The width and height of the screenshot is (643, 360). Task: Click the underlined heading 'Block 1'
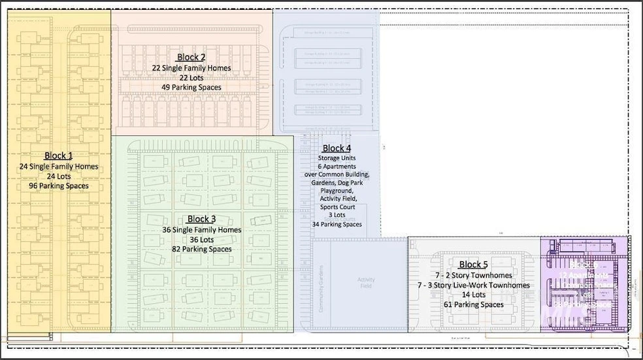58,155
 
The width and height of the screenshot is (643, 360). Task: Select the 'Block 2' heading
191,57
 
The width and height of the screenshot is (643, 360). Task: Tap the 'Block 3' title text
201,219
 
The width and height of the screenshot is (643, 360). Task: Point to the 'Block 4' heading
337,148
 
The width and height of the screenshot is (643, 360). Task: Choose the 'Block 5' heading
473,264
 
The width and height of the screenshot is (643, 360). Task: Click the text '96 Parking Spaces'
58,186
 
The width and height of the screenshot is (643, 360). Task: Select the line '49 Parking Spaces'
191,88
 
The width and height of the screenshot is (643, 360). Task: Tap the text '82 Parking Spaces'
201,249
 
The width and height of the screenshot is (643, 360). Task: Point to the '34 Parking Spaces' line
337,224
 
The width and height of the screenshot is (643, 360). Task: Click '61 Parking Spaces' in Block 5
473,304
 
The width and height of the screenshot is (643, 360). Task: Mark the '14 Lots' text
473,295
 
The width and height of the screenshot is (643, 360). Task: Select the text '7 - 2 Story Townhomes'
473,274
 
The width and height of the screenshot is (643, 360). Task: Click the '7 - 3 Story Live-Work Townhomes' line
473,285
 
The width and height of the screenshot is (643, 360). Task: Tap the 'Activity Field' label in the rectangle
367,283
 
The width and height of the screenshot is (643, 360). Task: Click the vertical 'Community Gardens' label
321,284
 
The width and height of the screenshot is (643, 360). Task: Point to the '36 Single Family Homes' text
201,229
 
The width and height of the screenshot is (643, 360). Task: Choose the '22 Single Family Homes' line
191,67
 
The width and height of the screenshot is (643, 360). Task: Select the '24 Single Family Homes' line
58,167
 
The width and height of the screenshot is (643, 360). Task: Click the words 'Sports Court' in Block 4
337,206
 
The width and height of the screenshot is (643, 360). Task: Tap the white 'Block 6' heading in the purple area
579,265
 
